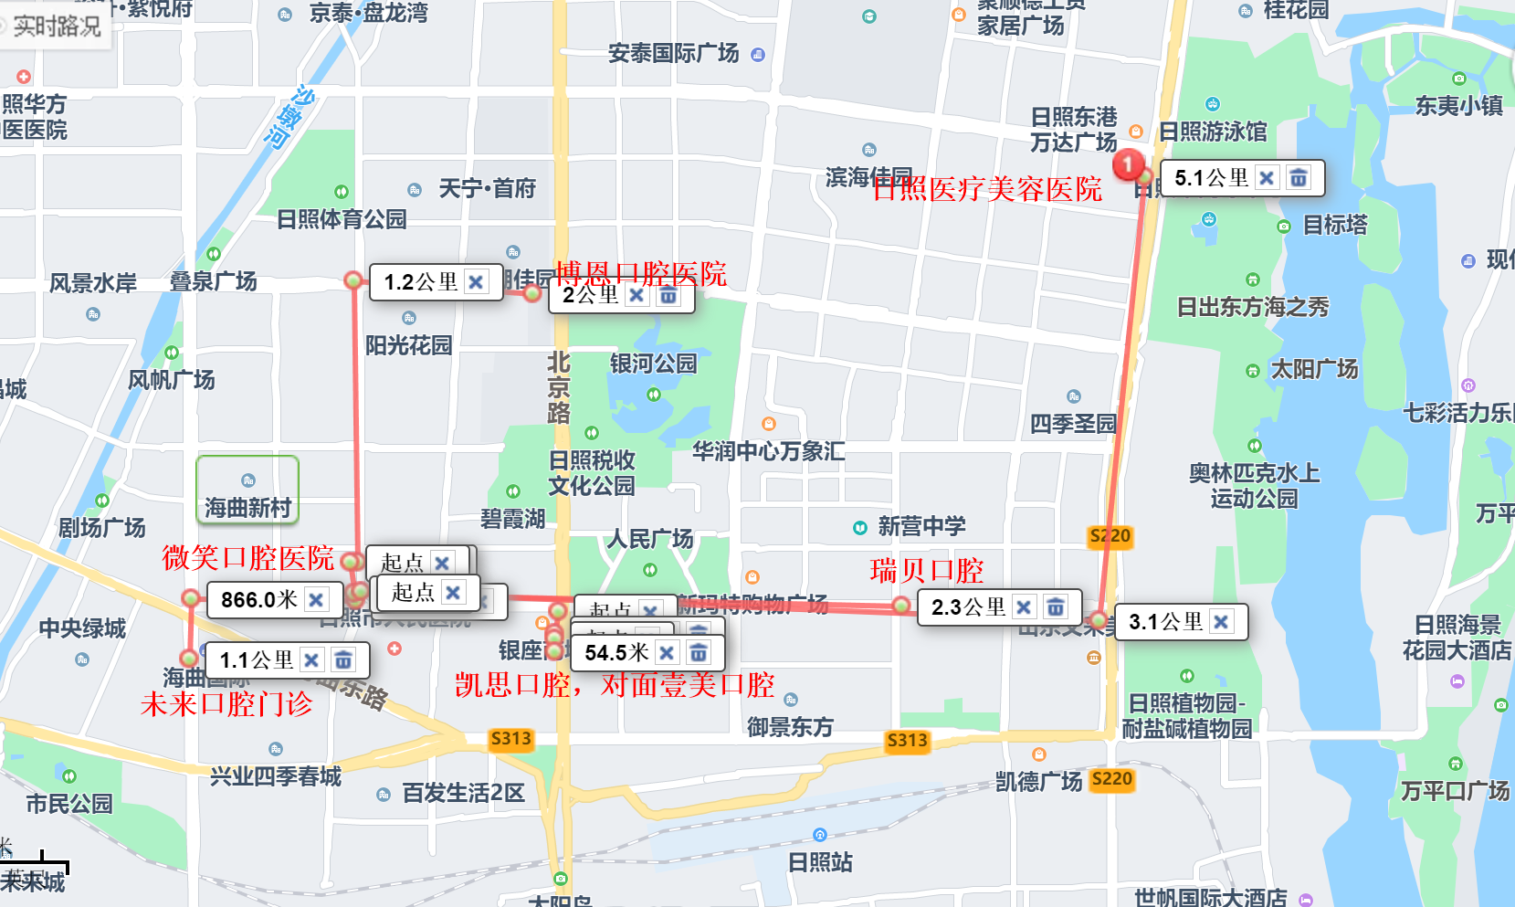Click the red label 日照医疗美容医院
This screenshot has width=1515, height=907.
pyautogui.click(x=987, y=189)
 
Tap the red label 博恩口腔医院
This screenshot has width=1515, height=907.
pyautogui.click(x=641, y=273)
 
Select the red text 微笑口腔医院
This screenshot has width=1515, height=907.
pyautogui.click(x=248, y=557)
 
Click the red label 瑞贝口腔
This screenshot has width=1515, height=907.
pyautogui.click(x=927, y=571)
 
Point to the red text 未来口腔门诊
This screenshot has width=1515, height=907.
pyautogui.click(x=226, y=703)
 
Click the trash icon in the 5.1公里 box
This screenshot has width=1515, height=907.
pyautogui.click(x=1299, y=177)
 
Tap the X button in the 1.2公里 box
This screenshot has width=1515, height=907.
pyautogui.click(x=476, y=282)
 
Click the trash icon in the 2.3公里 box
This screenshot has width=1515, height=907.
pyautogui.click(x=1056, y=607)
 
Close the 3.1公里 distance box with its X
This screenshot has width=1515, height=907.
pyautogui.click(x=1221, y=622)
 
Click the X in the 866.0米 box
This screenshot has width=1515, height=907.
pyautogui.click(x=316, y=600)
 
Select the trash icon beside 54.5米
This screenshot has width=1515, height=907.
pyautogui.click(x=699, y=652)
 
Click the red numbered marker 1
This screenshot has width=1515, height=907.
pyautogui.click(x=1128, y=164)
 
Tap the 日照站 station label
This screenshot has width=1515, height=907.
pyautogui.click(x=820, y=862)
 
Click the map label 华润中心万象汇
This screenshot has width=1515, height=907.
pyautogui.click(x=768, y=450)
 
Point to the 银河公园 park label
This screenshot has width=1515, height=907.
pyautogui.click(x=653, y=364)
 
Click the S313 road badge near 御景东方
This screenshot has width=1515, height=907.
pyautogui.click(x=907, y=741)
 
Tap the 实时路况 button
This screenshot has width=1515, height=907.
pyautogui.click(x=57, y=26)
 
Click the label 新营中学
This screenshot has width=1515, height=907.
pyautogui.click(x=921, y=526)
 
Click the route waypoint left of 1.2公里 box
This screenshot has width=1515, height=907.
pyautogui.click(x=353, y=280)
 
